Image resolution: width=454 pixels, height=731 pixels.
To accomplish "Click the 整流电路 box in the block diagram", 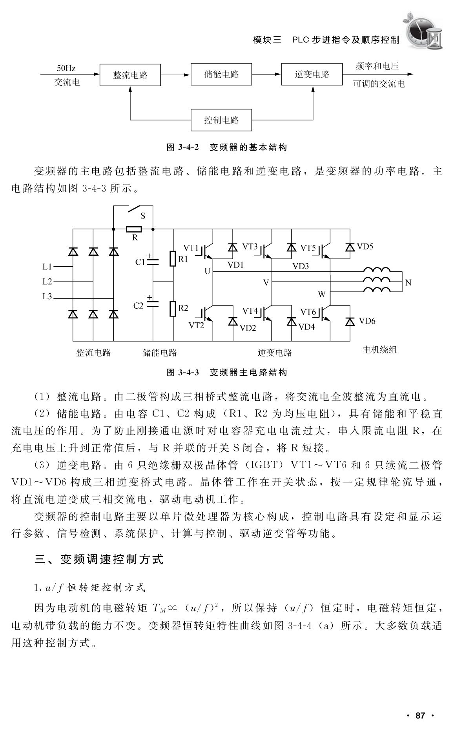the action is coord(130,75).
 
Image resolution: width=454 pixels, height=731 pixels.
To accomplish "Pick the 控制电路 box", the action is coord(221,120).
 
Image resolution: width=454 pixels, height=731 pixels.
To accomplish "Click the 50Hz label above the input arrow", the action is coord(66,68).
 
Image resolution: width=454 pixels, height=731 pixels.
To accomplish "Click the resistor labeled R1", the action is coord(172,259).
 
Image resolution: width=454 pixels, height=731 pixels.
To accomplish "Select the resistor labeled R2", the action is coord(172,308).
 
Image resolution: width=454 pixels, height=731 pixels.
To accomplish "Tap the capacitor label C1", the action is coord(140,262).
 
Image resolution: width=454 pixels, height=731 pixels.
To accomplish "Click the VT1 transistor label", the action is coord(191,247).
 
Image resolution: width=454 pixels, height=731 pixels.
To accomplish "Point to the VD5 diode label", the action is coord(365,247).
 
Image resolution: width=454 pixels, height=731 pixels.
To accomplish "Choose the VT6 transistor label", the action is coord(308,312).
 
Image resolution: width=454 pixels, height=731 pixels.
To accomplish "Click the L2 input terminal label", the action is coord(47,282).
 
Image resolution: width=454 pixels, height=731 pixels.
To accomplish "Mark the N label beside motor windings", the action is coord(408,282).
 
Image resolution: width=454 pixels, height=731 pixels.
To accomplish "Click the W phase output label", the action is coord(322,294).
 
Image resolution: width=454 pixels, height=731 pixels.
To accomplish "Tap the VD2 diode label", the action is coord(248,328).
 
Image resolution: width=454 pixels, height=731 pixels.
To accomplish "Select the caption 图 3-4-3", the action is coord(183,372).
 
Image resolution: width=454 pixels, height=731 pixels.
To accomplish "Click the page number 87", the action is coord(420,716).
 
